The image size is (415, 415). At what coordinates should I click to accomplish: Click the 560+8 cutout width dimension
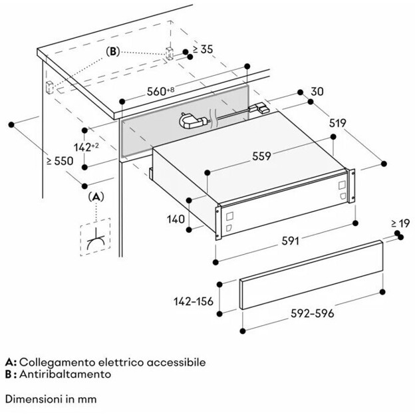tap(161, 91)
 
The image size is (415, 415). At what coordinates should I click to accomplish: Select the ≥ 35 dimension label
tap(203, 49)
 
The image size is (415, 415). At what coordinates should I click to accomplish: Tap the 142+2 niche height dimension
tap(86, 147)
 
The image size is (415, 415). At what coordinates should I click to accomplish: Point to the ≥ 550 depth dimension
tap(60, 161)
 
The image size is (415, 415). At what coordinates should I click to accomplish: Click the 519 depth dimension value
tap(338, 123)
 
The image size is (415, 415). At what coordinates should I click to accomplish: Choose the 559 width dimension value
tap(261, 156)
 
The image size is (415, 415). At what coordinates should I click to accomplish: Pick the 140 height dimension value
tap(176, 219)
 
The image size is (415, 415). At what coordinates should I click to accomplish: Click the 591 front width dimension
tap(291, 241)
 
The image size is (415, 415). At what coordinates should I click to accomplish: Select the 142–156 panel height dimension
tap(194, 301)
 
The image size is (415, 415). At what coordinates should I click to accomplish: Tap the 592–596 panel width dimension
tap(313, 313)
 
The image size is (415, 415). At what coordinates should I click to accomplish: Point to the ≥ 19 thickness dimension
tap(400, 223)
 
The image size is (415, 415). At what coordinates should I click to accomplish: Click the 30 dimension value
tap(317, 91)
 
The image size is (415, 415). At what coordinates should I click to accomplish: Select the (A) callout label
tap(96, 197)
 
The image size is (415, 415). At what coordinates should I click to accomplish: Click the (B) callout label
tap(113, 51)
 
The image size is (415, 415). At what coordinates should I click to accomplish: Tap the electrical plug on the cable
tap(192, 121)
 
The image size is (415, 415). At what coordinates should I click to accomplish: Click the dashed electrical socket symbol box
tap(95, 237)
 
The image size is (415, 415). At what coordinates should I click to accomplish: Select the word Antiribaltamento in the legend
tap(65, 374)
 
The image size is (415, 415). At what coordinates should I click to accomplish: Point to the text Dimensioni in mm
tap(51, 399)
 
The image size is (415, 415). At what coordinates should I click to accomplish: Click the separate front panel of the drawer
tap(311, 275)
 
